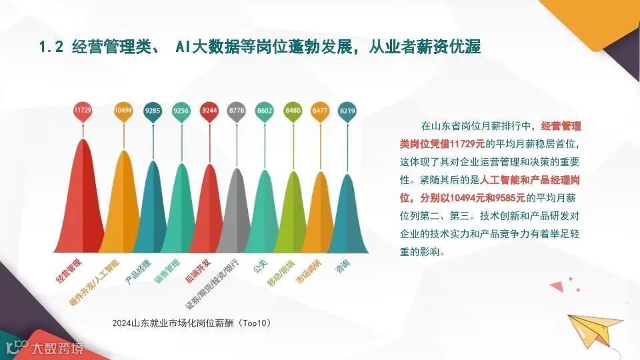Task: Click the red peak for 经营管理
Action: (x=83, y=200)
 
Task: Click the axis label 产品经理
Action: (x=138, y=273)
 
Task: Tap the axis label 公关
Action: (x=260, y=267)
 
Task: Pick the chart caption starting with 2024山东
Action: (x=192, y=323)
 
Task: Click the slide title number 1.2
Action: (x=51, y=47)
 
